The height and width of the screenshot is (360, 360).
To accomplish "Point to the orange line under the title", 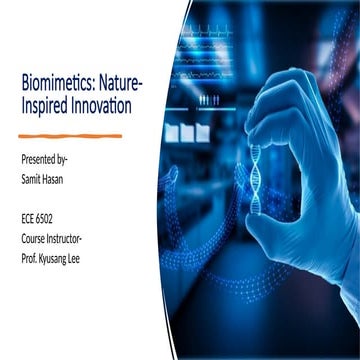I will tap(70, 134).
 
